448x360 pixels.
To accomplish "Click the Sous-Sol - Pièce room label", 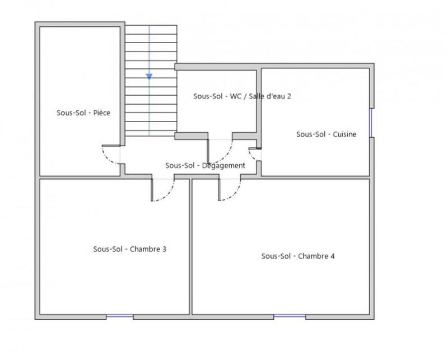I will [x=83, y=113].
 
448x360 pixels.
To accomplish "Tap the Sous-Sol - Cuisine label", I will [x=326, y=134].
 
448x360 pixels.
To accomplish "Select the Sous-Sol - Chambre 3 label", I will [x=129, y=250].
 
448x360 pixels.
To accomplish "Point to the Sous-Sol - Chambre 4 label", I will [x=298, y=256].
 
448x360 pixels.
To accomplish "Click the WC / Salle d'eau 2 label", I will [x=242, y=96].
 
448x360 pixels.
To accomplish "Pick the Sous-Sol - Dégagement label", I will [x=205, y=166].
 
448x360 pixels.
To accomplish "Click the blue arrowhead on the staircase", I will [x=149, y=77].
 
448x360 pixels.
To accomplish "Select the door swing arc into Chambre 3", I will [x=167, y=194].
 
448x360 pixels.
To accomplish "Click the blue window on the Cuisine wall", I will [x=371, y=123].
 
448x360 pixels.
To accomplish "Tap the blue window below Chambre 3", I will [x=120, y=317].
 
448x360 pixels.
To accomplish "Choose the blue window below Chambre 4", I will [x=290, y=317].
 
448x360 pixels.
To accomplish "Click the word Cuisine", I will [x=344, y=134].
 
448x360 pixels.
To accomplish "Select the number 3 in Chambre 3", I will [x=164, y=250].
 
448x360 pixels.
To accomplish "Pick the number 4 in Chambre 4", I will [x=333, y=256].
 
